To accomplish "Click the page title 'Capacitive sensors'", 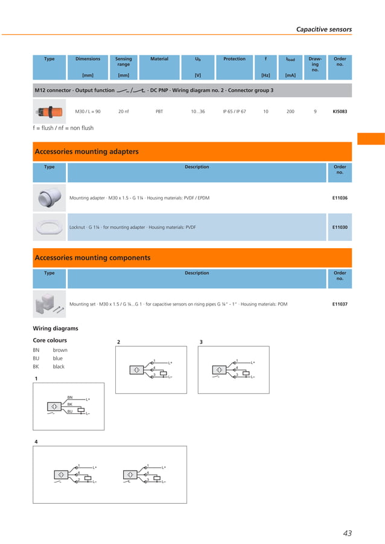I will [x=323, y=29].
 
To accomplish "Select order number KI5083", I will [x=340, y=111].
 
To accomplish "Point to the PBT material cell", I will [x=159, y=111].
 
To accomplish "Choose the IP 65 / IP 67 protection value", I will [x=234, y=111].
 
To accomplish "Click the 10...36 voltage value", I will [x=198, y=111].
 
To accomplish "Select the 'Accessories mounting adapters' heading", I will [x=87, y=152].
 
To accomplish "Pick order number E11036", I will [x=340, y=198].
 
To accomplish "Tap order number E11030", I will [x=340, y=227].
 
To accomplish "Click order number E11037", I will [x=340, y=304].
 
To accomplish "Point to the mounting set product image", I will [x=47, y=304].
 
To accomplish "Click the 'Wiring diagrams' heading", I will [x=55, y=328].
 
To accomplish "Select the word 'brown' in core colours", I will [x=60, y=349].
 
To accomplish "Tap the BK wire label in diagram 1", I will [x=70, y=404].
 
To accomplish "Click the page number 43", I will [x=346, y=533].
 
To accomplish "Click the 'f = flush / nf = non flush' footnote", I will [x=63, y=128].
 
